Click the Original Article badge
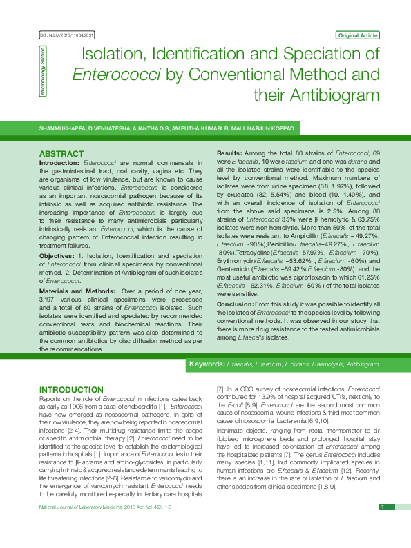[x=357, y=35]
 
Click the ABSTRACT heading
[x=61, y=153]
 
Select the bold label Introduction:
[x=59, y=162]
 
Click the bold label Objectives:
[x=58, y=237]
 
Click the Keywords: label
[x=207, y=364]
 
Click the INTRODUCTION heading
[x=71, y=390]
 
